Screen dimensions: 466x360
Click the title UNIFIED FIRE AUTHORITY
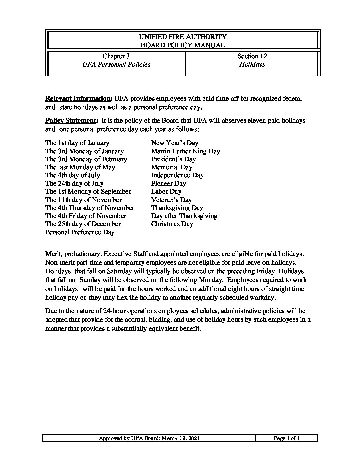point(183,37)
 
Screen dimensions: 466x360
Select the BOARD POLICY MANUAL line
point(183,45)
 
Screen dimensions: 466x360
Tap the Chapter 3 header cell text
point(116,56)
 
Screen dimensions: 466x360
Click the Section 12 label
point(252,56)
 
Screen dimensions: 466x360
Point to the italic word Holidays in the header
point(252,65)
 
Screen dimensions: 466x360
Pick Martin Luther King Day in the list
point(185,151)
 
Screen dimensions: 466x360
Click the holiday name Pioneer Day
point(168,184)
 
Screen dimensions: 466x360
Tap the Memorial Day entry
point(171,167)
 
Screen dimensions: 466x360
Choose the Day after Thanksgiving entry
point(184,216)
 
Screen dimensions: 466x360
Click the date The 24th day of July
point(74,184)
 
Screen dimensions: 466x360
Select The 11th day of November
point(83,200)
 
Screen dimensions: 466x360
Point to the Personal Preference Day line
point(80,232)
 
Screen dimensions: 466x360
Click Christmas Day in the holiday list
point(172,224)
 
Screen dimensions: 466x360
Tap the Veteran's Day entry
point(171,200)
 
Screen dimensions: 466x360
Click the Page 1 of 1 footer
point(287,439)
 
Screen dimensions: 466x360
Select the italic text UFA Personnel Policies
point(116,65)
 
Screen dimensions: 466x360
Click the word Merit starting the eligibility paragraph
point(53,254)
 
